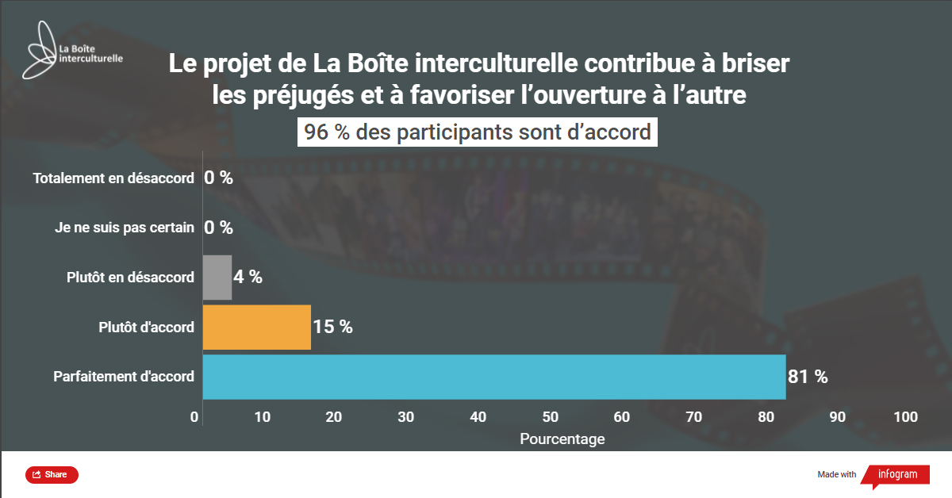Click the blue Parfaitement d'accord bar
[493, 377]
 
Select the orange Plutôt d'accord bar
[256, 327]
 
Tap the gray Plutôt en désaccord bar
[217, 278]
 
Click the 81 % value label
[808, 377]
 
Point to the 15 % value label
[332, 327]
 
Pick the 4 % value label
[248, 277]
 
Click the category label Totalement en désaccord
[113, 178]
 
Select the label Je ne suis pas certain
[125, 228]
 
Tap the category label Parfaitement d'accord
[124, 377]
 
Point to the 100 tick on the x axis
[905, 418]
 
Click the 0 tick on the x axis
[195, 418]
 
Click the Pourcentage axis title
[562, 439]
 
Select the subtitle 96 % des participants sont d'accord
[478, 132]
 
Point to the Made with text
[837, 475]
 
